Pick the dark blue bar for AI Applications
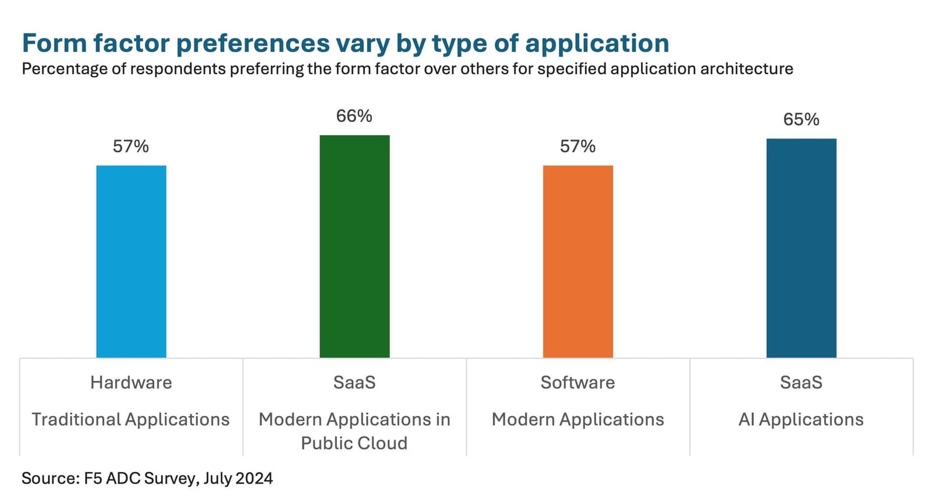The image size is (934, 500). tap(801, 248)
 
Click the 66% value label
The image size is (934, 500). tap(354, 116)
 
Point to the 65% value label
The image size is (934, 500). tap(801, 120)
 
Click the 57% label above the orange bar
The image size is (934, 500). tap(577, 146)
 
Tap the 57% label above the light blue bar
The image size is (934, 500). tap(131, 146)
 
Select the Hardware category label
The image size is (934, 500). tap(131, 383)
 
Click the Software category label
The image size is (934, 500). tap(577, 383)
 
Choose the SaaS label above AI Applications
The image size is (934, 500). tap(801, 383)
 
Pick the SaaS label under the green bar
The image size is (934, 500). tap(354, 383)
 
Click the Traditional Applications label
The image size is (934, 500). tap(131, 419)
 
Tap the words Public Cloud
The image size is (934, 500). tap(354, 443)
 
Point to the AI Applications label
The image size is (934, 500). tap(801, 419)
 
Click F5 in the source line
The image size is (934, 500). tap(92, 478)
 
